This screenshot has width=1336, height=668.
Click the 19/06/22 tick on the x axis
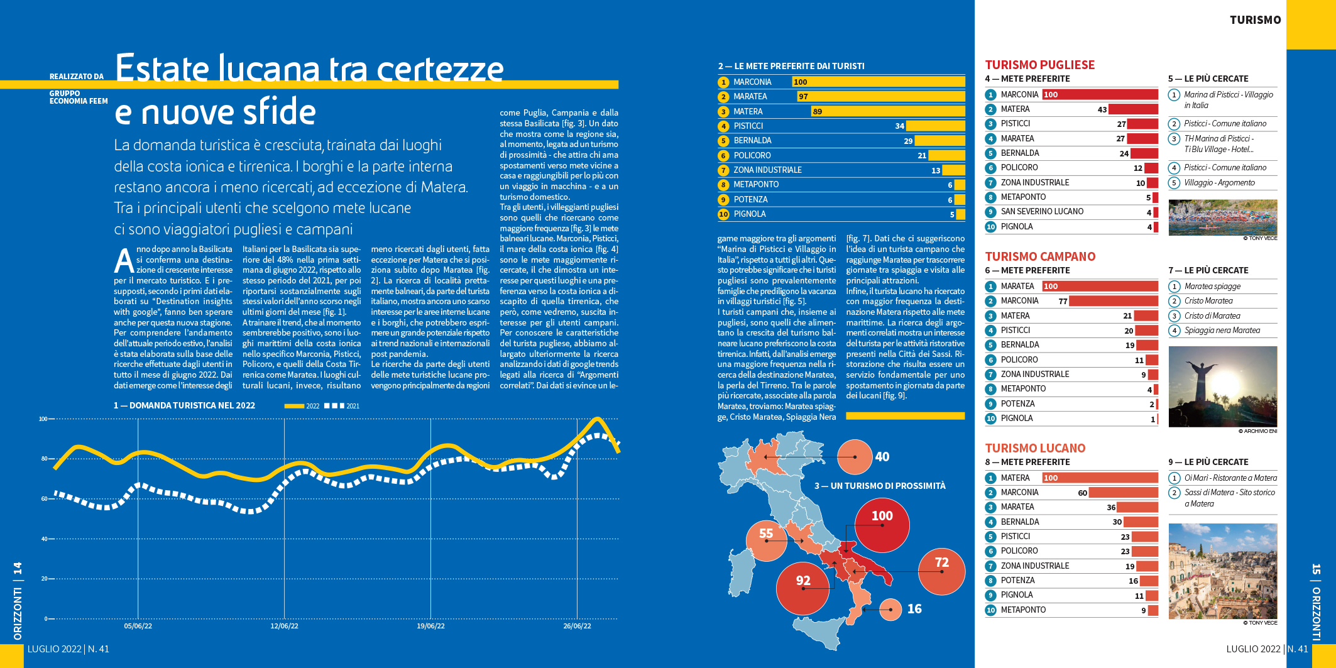[x=430, y=626]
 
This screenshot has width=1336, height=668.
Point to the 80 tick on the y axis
[x=44, y=459]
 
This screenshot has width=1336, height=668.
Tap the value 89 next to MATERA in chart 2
[x=817, y=112]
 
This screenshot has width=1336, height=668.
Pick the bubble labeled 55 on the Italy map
[x=766, y=540]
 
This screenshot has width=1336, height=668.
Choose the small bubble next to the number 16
[x=890, y=609]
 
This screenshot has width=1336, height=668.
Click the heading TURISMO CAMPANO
[x=1040, y=256]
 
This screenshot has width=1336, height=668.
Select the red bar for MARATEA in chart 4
[x=1142, y=139]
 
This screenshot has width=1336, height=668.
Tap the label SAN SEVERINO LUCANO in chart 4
[x=1042, y=212]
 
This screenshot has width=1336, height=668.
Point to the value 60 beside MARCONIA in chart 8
[x=1082, y=493]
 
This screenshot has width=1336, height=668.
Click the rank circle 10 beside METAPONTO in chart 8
[x=991, y=610]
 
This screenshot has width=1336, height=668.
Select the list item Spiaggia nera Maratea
[x=1222, y=331]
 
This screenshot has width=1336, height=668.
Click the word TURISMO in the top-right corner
[x=1255, y=20]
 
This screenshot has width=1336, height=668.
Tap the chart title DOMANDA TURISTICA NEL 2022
[x=192, y=406]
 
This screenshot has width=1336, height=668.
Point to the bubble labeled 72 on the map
[x=941, y=571]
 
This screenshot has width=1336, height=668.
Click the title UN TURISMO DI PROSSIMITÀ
[x=880, y=486]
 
